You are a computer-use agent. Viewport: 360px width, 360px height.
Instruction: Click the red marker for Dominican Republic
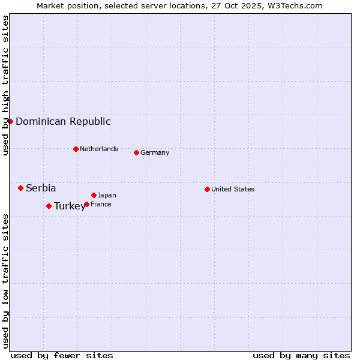pos(10,121)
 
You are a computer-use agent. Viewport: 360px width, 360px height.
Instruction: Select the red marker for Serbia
pos(20,188)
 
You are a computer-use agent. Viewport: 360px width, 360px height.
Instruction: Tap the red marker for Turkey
pos(49,206)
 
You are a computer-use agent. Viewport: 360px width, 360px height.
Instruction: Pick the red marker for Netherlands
pos(76,149)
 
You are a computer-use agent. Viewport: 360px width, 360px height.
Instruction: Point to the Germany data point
pos(136,152)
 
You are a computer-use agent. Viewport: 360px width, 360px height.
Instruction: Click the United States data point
pos(207,189)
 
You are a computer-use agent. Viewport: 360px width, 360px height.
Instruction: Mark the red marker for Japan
pos(94,195)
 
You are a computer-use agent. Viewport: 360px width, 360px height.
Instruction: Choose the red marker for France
pos(86,204)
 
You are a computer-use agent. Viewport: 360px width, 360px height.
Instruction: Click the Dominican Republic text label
pos(63,121)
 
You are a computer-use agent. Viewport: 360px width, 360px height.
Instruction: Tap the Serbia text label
pos(41,188)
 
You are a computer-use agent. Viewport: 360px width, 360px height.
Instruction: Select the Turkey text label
pos(70,206)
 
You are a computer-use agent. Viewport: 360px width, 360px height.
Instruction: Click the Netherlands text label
pos(99,149)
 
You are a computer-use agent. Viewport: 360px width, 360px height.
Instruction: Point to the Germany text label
pos(155,152)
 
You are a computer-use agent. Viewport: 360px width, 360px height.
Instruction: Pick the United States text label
pos(233,189)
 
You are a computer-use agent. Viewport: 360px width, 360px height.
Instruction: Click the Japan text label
pos(107,195)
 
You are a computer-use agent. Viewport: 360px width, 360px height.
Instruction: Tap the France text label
pos(101,204)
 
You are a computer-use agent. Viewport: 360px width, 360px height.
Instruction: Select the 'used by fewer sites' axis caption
pos(62,355)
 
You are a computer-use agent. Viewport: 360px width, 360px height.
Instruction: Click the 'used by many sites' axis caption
pos(301,355)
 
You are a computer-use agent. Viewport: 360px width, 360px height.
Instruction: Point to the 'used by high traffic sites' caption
pos(5,85)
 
